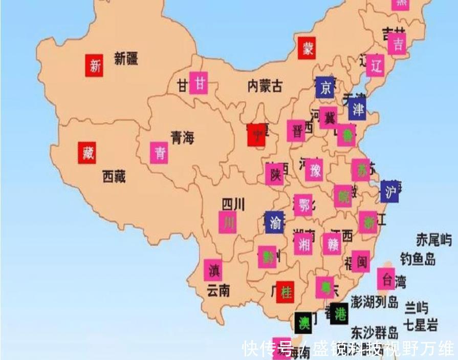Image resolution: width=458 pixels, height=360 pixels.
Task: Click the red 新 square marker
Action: tap(94, 65)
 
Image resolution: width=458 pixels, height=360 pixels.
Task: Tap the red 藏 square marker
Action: tap(88, 152)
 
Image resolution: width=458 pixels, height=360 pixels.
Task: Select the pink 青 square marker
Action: tap(159, 153)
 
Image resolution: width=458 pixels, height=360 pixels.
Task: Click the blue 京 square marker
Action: tap(324, 88)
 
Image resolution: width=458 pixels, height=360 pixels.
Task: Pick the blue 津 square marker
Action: tap(357, 109)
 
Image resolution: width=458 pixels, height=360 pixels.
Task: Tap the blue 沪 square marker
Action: tap(390, 192)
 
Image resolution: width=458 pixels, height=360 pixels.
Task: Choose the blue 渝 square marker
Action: tap(274, 222)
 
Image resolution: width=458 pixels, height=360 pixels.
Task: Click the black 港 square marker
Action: tap(339, 314)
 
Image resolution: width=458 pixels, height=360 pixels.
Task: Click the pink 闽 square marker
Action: tap(361, 262)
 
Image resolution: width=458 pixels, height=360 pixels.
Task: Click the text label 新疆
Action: tap(126, 59)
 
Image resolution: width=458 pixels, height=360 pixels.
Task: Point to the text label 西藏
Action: tap(114, 177)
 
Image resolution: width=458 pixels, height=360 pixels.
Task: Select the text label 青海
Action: tap(183, 137)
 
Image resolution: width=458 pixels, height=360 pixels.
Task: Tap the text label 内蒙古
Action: tap(265, 86)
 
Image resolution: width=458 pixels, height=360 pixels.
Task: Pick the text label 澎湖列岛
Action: tap(374, 302)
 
